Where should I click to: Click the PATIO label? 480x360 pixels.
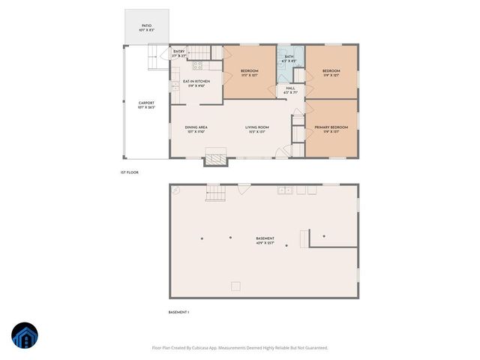tap(146, 27)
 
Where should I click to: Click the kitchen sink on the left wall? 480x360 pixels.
tap(174, 87)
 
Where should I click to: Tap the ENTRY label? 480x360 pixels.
tap(178, 53)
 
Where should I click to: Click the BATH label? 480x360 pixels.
tap(289, 58)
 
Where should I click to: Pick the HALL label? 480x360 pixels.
tap(290, 90)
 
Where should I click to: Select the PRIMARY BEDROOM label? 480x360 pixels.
tap(331, 129)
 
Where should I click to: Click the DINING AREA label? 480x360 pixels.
tap(196, 129)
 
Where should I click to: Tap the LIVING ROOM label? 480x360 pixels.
tap(256, 129)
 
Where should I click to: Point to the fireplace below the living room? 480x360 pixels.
tap(216, 158)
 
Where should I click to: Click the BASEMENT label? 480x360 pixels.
tap(265, 240)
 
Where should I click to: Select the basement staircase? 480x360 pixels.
tap(215, 193)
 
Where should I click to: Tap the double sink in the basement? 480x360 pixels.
tap(284, 190)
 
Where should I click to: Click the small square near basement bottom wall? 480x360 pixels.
tap(235, 285)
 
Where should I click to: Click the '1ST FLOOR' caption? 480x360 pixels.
tap(129, 172)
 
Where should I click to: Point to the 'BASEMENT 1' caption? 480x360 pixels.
tap(178, 312)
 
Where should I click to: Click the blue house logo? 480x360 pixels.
tap(25, 336)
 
